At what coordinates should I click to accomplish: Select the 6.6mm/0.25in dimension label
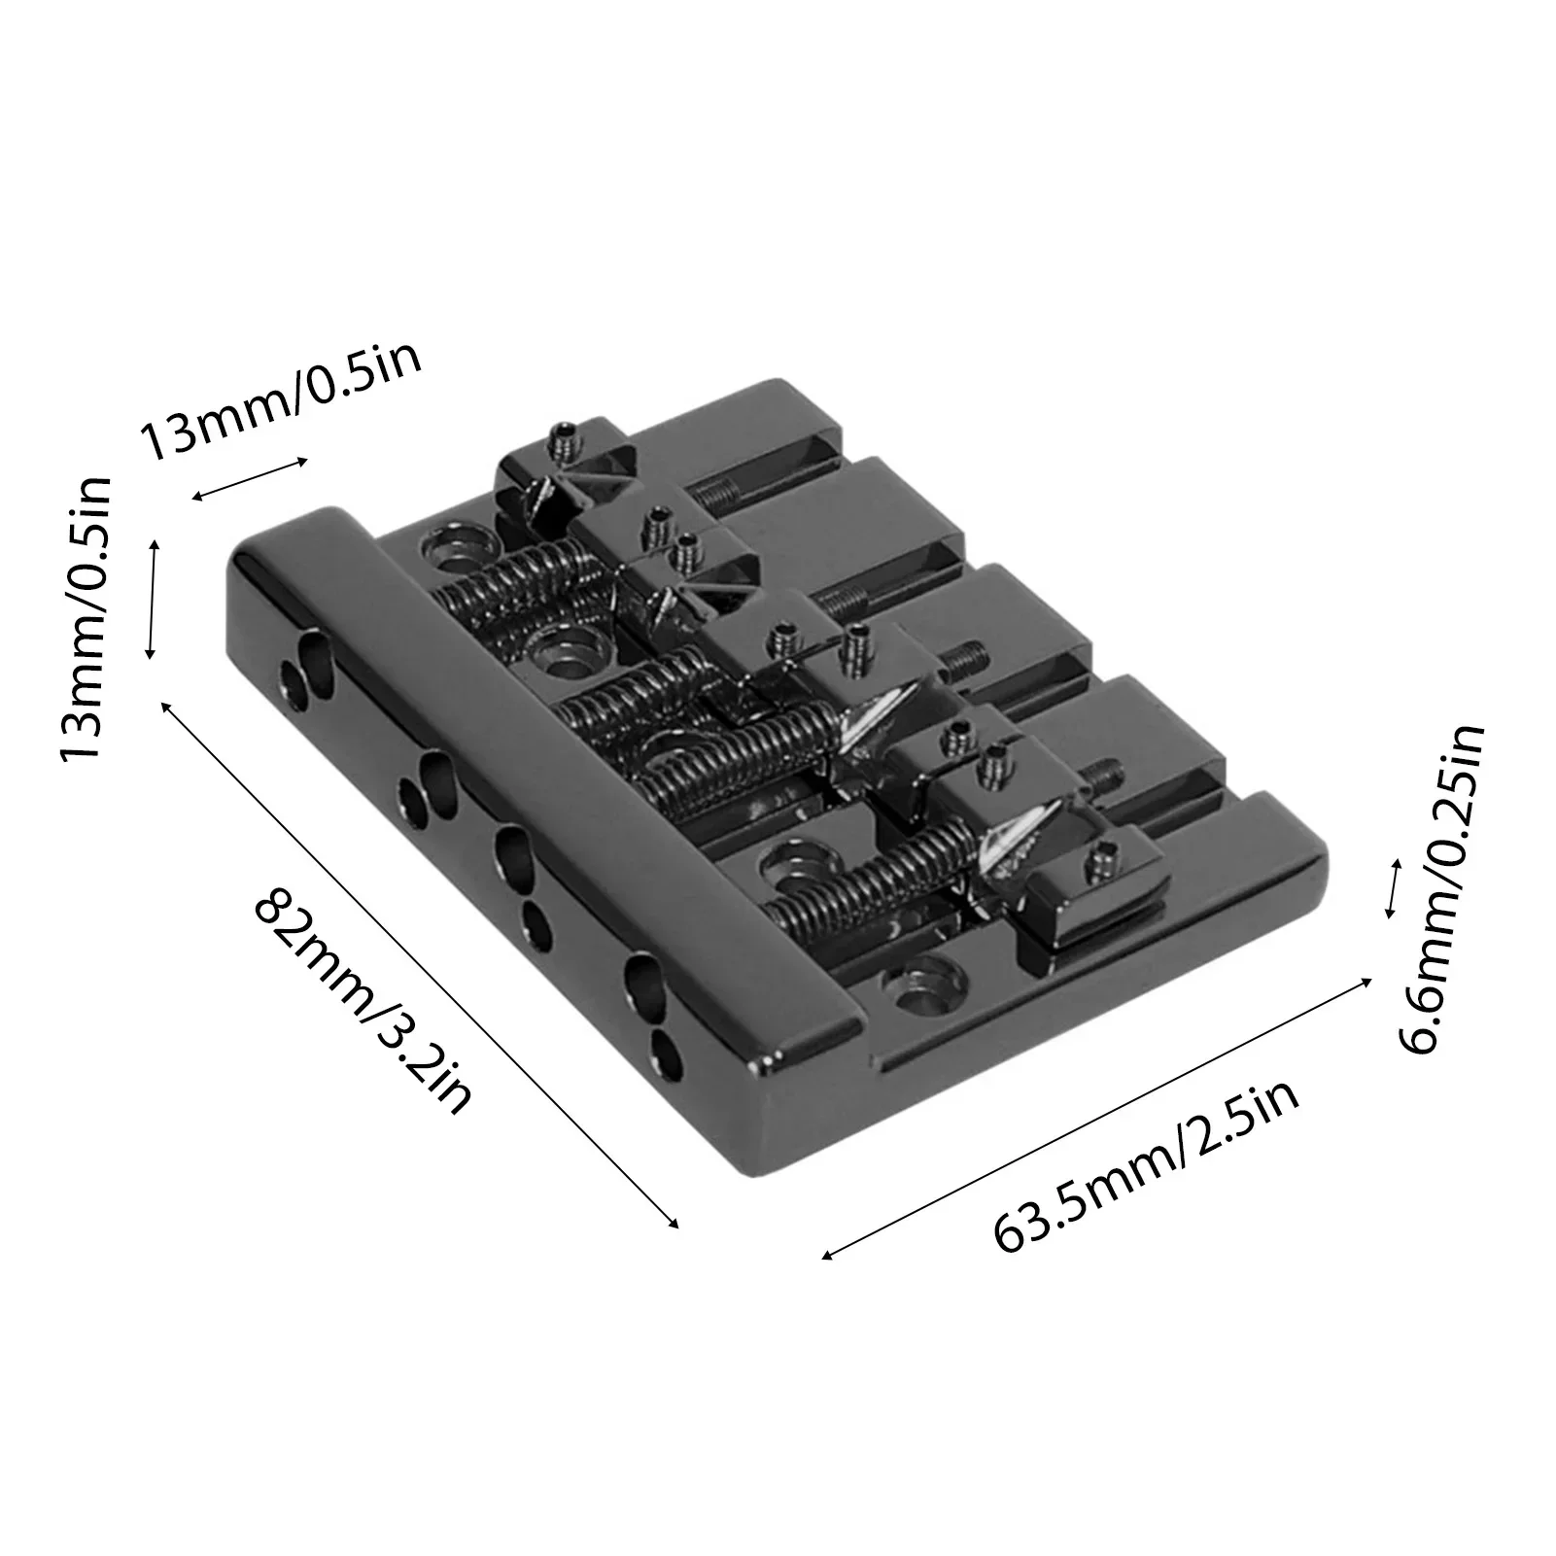point(1441,889)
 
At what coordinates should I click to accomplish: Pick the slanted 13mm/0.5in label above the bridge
point(281,398)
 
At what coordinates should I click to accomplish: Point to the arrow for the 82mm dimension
point(419,964)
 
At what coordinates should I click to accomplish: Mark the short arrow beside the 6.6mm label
point(1393,888)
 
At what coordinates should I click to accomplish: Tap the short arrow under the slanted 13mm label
point(250,478)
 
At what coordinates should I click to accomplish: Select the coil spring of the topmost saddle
point(525,583)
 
